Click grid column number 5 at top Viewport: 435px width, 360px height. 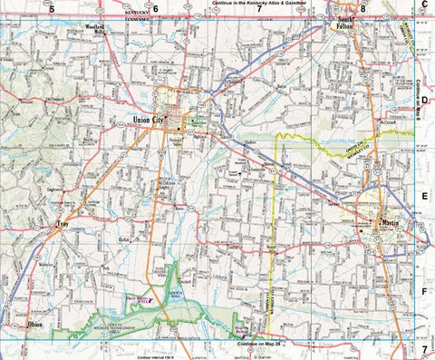point(53,8)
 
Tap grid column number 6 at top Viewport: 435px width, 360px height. point(155,8)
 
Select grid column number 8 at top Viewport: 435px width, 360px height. point(362,8)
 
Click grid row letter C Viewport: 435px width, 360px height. point(424,5)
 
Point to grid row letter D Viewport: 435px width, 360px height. point(424,102)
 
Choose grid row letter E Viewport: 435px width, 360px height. point(424,195)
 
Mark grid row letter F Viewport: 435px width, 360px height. point(424,290)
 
